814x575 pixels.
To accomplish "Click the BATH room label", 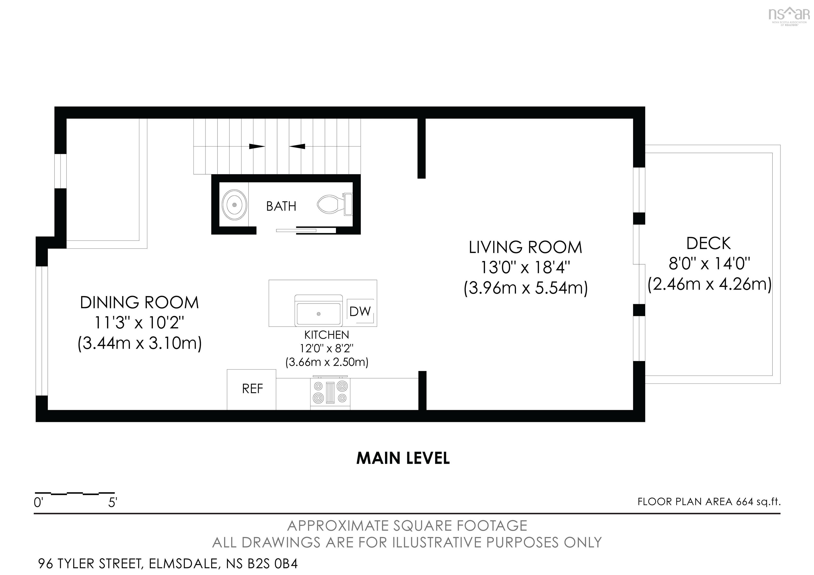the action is [281, 206].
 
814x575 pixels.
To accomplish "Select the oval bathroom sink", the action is [234, 205].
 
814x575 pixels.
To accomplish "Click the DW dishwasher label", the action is [360, 311].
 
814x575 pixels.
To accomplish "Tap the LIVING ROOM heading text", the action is [525, 247].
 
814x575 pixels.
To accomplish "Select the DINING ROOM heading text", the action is [139, 302].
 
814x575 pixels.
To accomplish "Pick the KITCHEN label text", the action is [326, 335].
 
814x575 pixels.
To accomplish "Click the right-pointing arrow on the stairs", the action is [257, 146].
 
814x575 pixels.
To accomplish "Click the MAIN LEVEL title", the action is [403, 458].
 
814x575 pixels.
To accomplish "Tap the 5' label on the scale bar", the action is [113, 503].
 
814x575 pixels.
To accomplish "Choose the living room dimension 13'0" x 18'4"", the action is [525, 268].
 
